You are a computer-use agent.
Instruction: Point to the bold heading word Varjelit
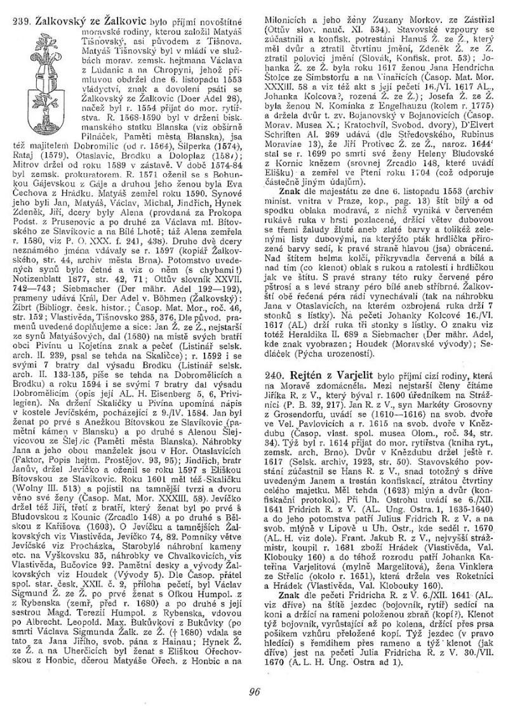(x=354, y=376)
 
